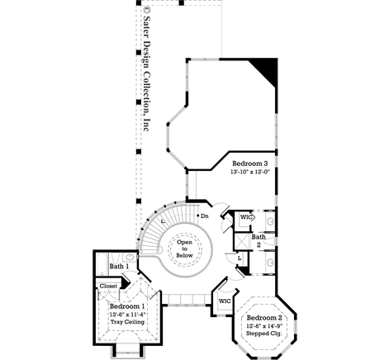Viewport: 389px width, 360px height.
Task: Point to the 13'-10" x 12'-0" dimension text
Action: click(252, 173)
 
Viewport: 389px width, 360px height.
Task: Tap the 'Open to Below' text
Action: click(184, 248)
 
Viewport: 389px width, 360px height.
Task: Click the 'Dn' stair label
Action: click(205, 216)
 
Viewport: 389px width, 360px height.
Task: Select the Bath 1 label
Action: click(118, 267)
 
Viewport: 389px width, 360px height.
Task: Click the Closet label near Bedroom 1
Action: click(108, 286)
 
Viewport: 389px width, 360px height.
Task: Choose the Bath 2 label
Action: click(259, 241)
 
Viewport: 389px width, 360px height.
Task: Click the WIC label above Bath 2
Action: click(245, 217)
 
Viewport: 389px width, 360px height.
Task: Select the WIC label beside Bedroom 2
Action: click(224, 301)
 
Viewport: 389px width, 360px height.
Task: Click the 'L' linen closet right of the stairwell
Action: click(239, 258)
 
